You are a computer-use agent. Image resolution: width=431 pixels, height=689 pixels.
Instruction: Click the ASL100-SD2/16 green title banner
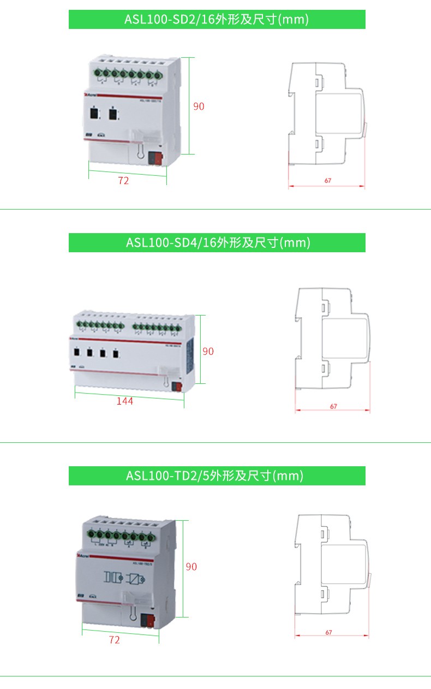click(x=217, y=20)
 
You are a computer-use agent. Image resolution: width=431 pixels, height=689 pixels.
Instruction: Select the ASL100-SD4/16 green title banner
click(x=217, y=242)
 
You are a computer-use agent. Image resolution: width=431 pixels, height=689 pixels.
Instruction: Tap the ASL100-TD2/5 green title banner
click(x=217, y=476)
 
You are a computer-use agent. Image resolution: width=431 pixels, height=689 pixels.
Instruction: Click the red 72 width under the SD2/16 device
click(x=124, y=181)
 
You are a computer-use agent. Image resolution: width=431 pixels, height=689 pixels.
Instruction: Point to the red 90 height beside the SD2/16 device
click(x=199, y=106)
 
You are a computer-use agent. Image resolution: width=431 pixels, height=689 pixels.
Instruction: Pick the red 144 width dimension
click(x=124, y=401)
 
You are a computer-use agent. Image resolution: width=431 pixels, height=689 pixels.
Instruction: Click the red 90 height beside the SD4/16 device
click(x=208, y=352)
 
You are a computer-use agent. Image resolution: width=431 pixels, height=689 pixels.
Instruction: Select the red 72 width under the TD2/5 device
click(x=114, y=640)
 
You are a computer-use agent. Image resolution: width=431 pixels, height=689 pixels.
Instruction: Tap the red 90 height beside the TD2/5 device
click(x=191, y=567)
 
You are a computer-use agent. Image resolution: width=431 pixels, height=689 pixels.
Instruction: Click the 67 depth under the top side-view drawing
click(x=328, y=180)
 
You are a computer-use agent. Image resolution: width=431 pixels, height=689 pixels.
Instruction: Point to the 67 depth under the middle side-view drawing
click(x=333, y=406)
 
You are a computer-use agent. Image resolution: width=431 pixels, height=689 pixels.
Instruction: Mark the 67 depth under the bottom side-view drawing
click(x=329, y=632)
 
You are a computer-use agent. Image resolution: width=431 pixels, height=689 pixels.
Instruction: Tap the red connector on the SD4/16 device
click(x=176, y=387)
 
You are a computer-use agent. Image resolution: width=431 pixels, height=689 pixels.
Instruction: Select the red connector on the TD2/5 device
click(x=147, y=620)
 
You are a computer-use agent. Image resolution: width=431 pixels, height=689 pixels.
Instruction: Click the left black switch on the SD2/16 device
click(x=95, y=114)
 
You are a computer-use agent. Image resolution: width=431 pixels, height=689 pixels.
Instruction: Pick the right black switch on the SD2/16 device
click(x=112, y=114)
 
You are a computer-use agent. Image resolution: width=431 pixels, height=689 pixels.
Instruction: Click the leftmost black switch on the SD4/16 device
click(x=77, y=353)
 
